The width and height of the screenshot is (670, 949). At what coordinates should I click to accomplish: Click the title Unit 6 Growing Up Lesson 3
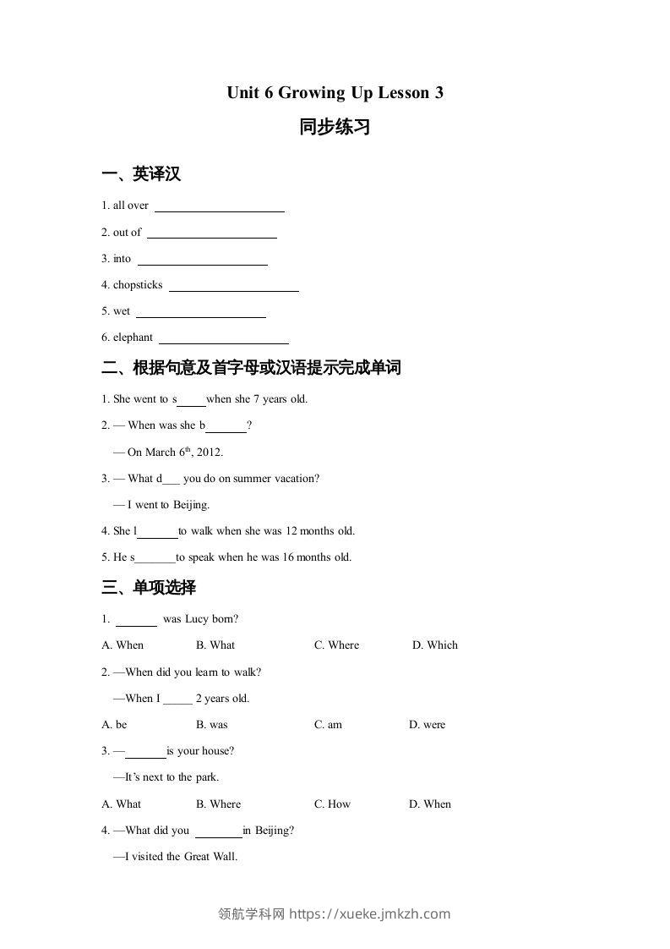335,93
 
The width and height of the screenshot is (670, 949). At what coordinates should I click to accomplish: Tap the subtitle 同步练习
335,128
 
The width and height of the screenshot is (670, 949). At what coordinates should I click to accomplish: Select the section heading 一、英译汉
141,174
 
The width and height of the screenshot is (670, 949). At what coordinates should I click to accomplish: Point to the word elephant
133,337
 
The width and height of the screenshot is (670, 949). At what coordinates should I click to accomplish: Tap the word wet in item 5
122,311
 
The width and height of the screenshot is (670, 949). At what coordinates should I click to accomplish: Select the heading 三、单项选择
149,587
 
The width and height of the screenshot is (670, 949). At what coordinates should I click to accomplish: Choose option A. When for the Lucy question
123,645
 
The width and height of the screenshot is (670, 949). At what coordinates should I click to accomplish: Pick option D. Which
435,645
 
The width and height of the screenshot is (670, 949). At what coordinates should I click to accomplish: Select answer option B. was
212,725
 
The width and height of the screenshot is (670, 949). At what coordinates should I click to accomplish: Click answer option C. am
328,725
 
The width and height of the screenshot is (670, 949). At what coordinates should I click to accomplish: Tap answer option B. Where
218,804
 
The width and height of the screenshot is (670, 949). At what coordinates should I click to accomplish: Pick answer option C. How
332,804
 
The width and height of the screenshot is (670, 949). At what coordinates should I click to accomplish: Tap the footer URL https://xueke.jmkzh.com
369,913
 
